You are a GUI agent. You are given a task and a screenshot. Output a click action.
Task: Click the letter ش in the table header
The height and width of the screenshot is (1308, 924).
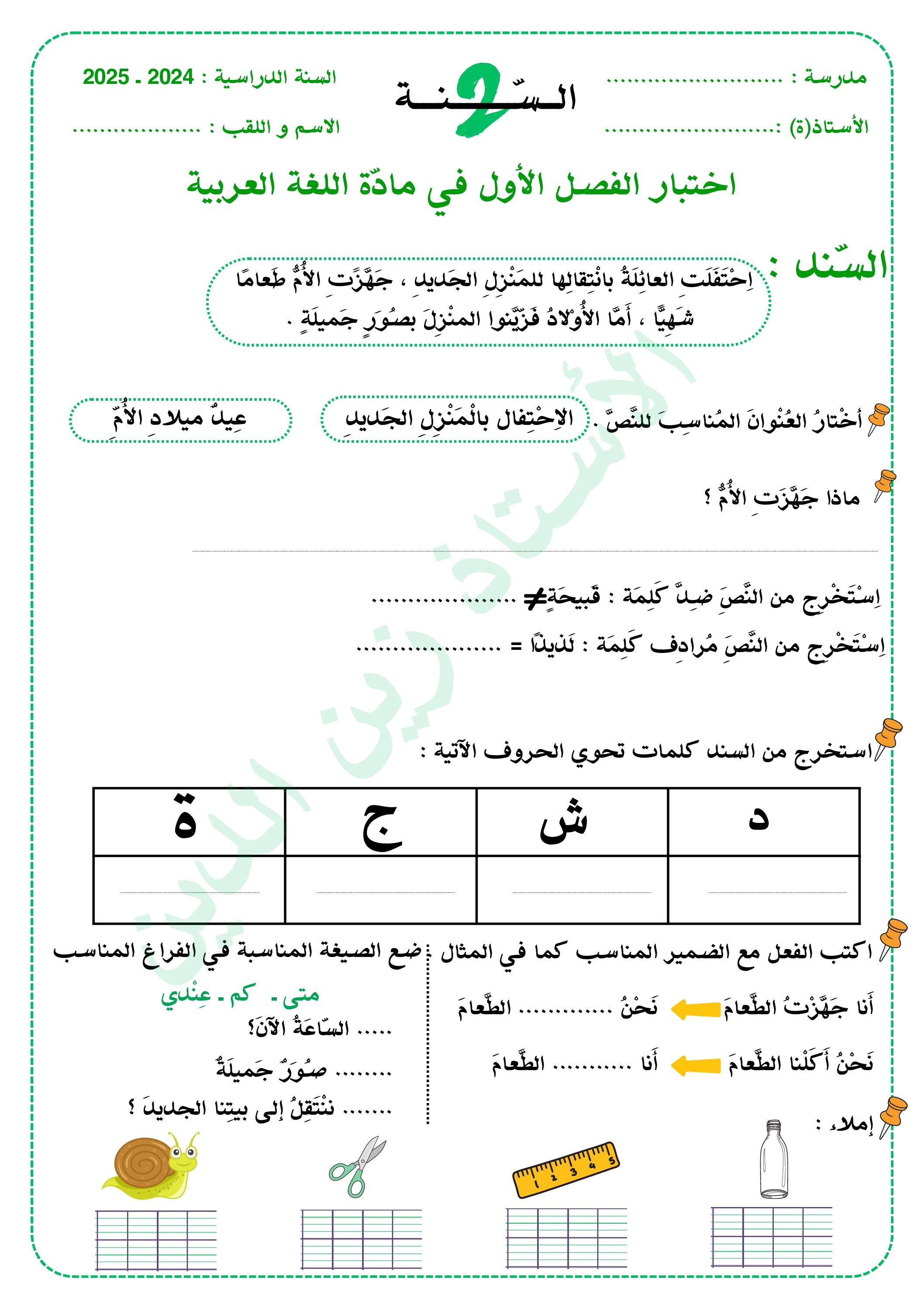point(564,822)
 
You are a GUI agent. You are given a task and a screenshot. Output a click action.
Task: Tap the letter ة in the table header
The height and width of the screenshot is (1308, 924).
point(186,821)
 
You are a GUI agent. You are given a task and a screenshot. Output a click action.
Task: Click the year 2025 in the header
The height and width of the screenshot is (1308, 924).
point(106,77)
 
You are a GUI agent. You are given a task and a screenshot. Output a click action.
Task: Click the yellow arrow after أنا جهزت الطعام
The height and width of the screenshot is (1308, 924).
point(696,1009)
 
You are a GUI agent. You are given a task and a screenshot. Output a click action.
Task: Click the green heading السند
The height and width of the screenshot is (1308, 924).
point(841,266)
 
